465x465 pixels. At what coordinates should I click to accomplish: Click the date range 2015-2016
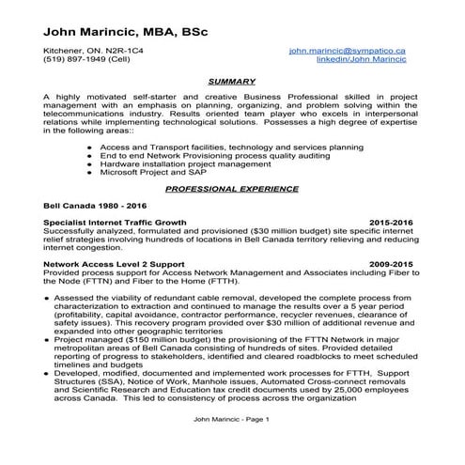pyautogui.click(x=392, y=222)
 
